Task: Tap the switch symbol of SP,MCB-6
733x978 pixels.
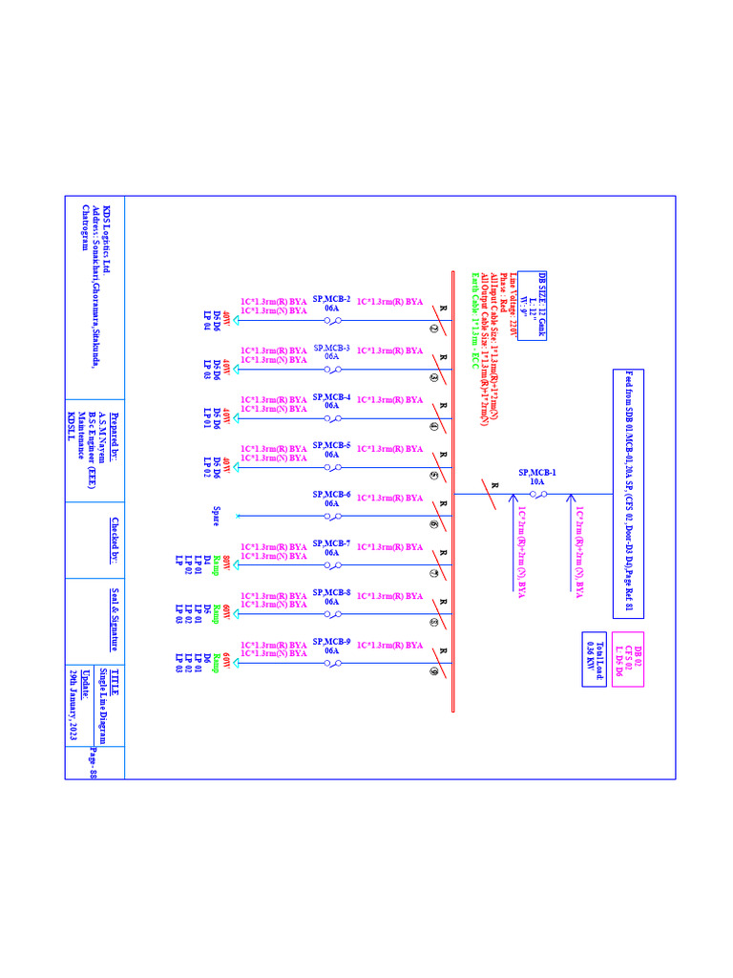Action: point(332,516)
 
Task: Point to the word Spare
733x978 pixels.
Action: point(217,516)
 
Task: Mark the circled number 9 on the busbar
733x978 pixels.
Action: point(434,672)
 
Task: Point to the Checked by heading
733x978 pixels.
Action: point(115,541)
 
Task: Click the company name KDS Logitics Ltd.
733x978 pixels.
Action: point(106,240)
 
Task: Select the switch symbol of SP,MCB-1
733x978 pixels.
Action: point(537,494)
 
